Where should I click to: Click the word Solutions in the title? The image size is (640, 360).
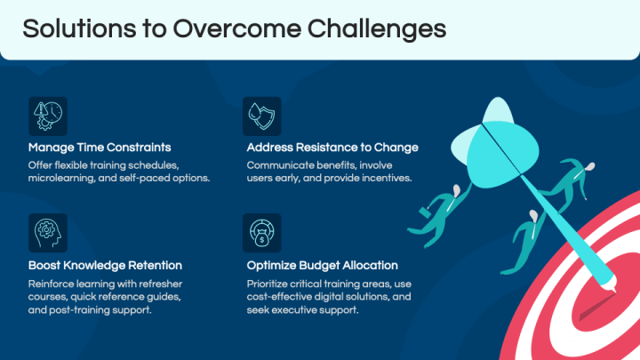click(x=79, y=29)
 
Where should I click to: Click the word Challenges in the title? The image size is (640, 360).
click(x=376, y=29)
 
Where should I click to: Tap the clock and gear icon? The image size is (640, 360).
click(x=48, y=116)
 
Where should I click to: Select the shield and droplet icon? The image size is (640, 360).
click(x=262, y=116)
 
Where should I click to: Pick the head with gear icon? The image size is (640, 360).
click(x=48, y=233)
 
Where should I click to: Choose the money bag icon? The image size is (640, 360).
click(x=262, y=233)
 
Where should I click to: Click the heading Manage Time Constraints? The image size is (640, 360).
click(x=100, y=148)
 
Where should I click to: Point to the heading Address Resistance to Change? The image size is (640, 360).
click(x=332, y=148)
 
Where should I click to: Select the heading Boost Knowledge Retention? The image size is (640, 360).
click(x=105, y=265)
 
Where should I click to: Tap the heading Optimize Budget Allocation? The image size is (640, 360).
click(x=322, y=265)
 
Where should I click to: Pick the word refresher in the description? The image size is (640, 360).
click(x=160, y=284)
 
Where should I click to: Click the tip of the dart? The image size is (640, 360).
click(x=616, y=292)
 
